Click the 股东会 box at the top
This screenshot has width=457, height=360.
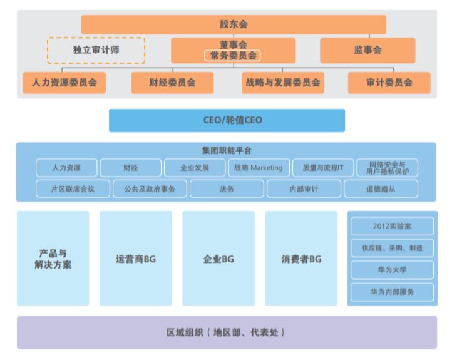[x=233, y=24]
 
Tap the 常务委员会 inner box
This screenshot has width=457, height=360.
[x=233, y=56]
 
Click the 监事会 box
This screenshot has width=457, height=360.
[x=367, y=50]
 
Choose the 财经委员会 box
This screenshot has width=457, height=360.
[x=172, y=83]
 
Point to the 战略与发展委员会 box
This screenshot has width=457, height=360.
[x=283, y=83]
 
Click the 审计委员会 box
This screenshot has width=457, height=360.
[x=389, y=83]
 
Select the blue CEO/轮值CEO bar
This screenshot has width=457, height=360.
[x=227, y=120]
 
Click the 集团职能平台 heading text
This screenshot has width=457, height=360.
[x=227, y=151]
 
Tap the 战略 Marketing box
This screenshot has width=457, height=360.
[x=259, y=168]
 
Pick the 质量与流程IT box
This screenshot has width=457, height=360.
[x=323, y=168]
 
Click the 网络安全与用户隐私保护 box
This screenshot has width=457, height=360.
[x=388, y=168]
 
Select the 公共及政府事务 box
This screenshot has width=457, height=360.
[x=150, y=188]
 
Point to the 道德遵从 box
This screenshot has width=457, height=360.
[x=380, y=188]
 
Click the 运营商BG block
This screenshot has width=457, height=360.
[x=135, y=258]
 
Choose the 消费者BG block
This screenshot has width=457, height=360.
[x=301, y=258]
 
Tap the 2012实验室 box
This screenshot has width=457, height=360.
[x=392, y=226]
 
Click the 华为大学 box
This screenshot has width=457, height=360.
[x=392, y=270]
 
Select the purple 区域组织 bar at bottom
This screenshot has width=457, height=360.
[x=227, y=332]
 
